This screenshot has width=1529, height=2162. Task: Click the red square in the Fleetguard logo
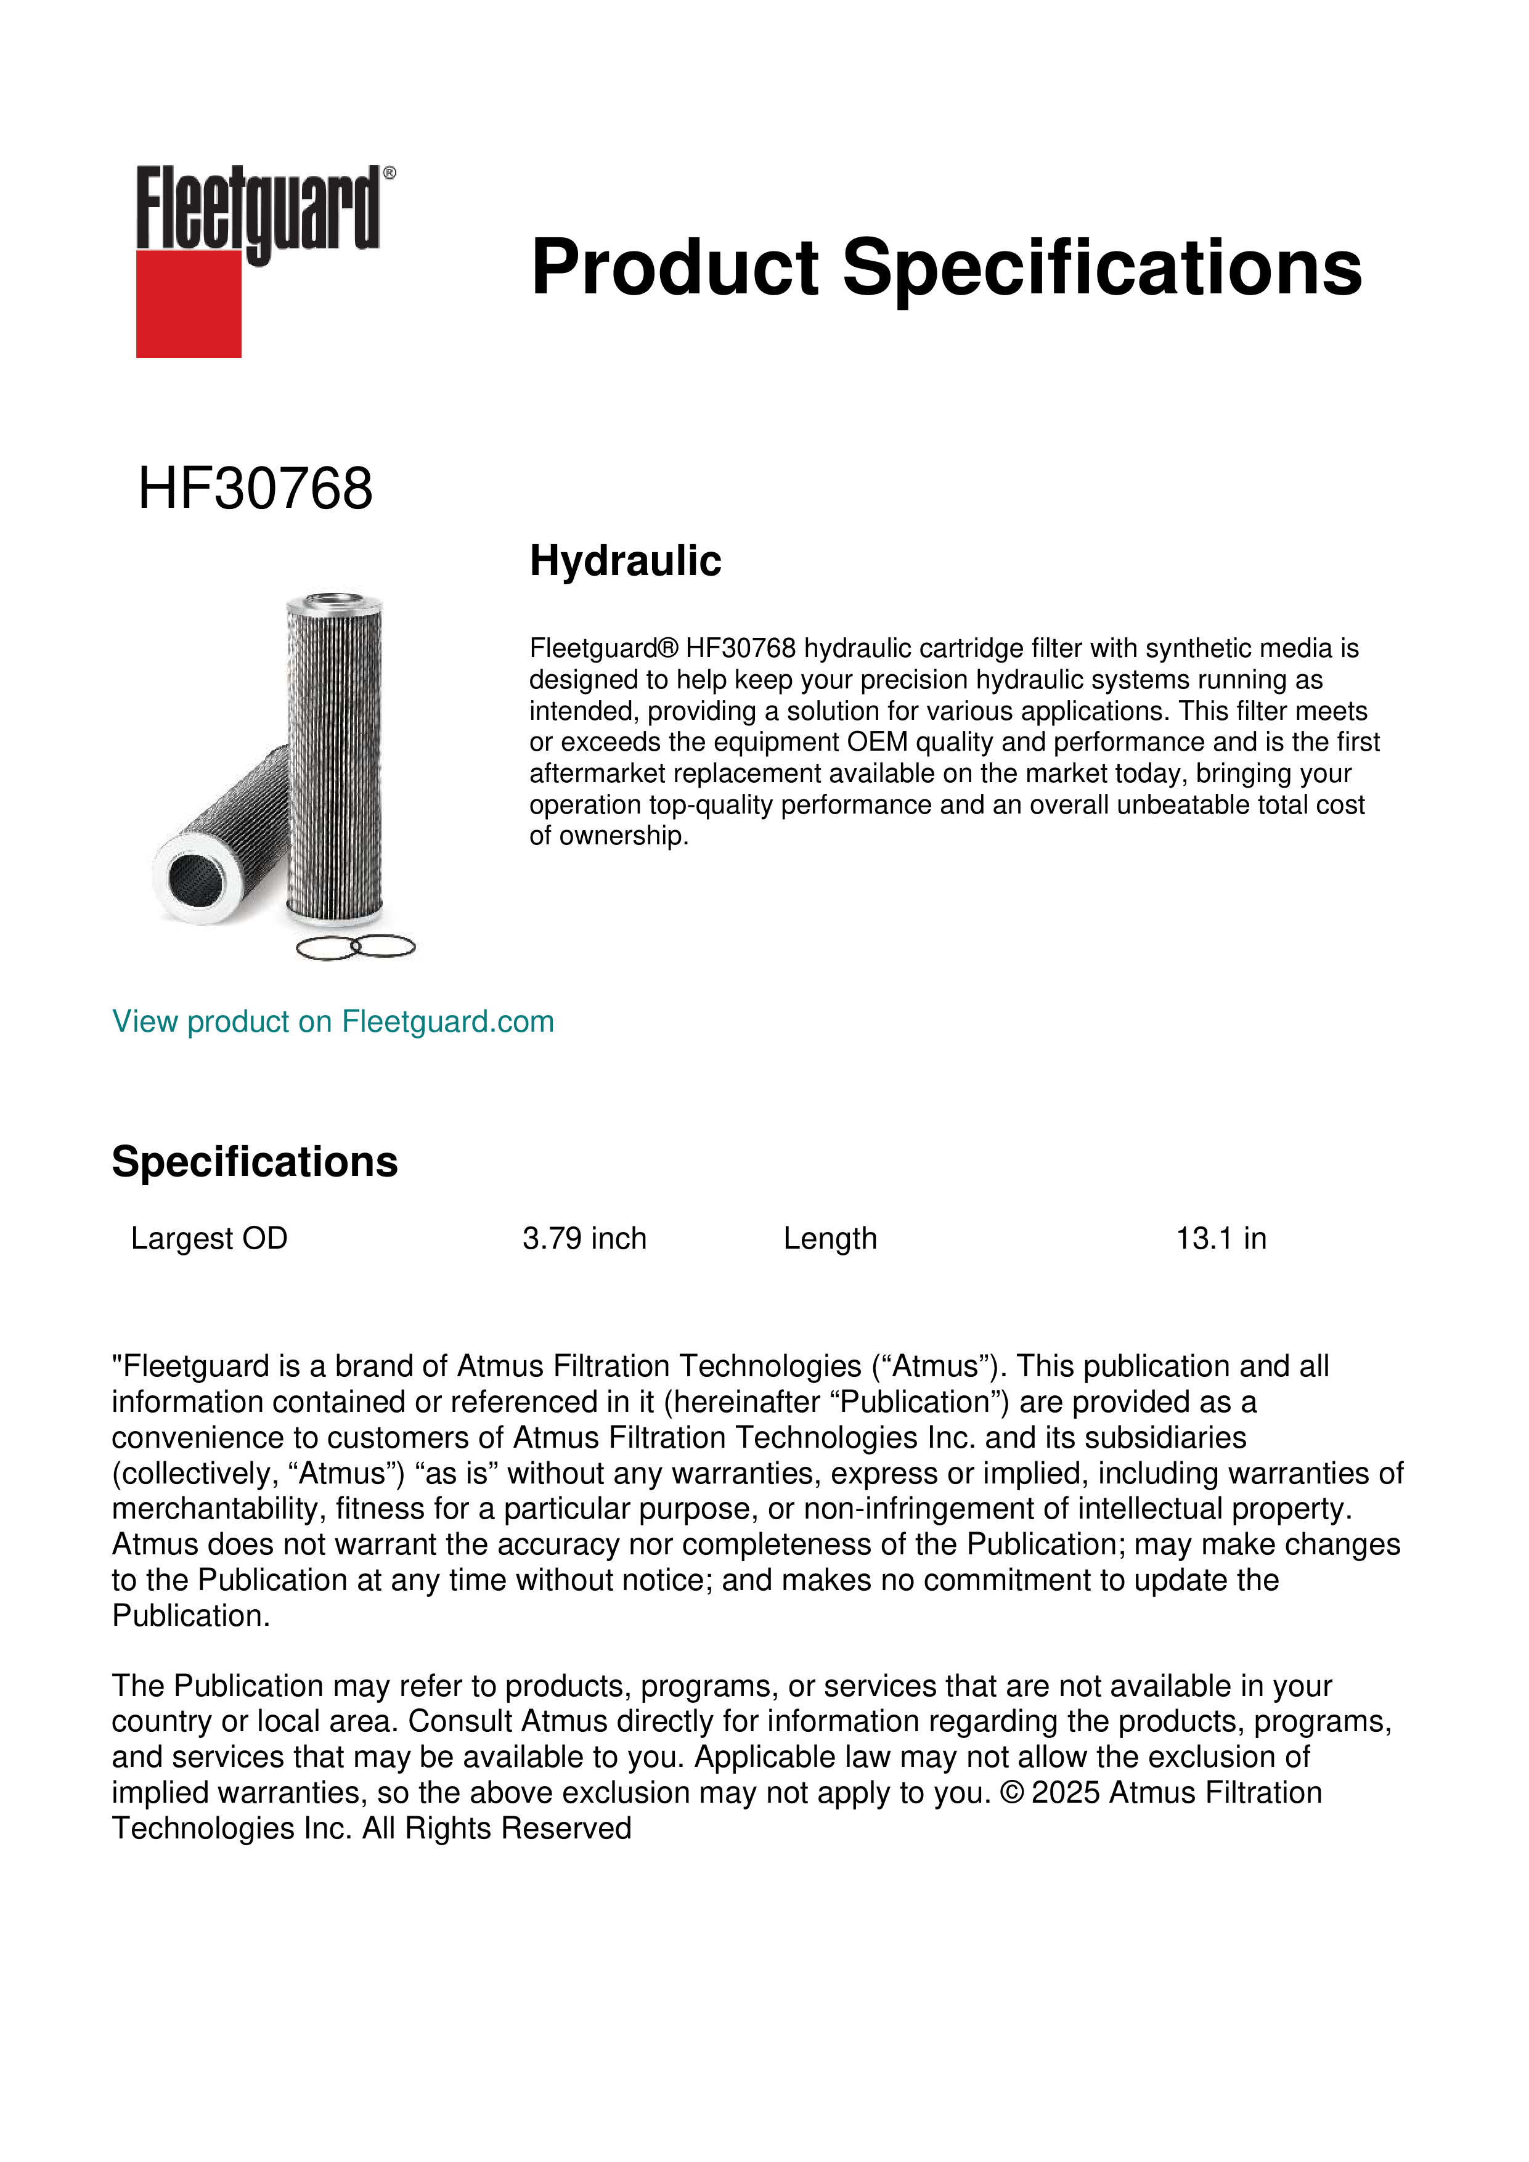(189, 303)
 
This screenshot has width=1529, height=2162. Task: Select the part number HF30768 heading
(255, 489)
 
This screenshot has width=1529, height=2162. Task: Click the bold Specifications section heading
(254, 1162)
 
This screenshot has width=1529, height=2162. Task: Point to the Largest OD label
(209, 1238)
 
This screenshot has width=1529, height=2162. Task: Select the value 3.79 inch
(584, 1238)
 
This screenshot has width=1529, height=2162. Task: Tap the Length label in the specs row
(830, 1238)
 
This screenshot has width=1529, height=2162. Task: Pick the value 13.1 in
(1220, 1238)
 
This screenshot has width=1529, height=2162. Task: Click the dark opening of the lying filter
(197, 879)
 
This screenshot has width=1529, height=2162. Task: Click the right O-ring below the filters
(383, 947)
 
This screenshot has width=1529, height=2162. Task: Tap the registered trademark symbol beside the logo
(389, 173)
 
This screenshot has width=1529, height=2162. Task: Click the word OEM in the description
(876, 742)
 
